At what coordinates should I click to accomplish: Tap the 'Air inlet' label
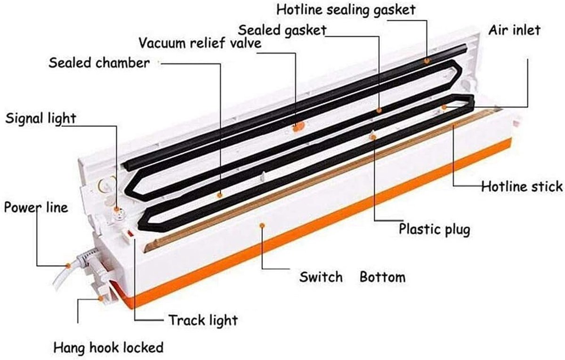(514, 30)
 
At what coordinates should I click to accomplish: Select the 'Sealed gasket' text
(282, 31)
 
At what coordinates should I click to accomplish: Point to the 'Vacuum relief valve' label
(200, 43)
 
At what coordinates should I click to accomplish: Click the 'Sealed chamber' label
(99, 63)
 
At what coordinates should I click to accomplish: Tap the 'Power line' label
(36, 208)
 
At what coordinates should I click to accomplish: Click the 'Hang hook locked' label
(108, 348)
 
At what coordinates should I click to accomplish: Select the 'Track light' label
(203, 320)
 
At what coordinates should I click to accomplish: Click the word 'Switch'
(321, 277)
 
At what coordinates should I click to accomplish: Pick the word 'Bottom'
(382, 277)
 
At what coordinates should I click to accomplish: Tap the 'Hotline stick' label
(522, 187)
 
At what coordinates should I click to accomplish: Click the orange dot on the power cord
(68, 266)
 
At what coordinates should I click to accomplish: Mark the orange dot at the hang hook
(101, 299)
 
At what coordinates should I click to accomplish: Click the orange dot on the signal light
(116, 209)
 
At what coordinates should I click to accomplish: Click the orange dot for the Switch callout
(262, 225)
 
